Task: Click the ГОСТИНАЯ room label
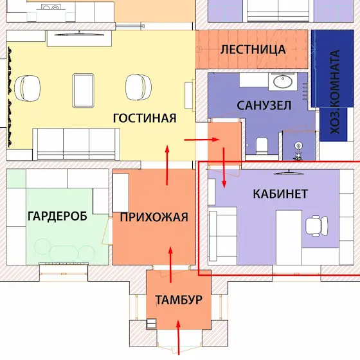(145, 118)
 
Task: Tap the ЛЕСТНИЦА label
(253, 50)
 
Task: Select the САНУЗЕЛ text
(264, 105)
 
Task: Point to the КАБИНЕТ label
(280, 194)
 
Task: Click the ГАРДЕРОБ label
(57, 216)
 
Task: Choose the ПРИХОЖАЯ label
(154, 217)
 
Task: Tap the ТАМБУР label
(179, 300)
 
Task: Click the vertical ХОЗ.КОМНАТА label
(335, 92)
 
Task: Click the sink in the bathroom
(283, 82)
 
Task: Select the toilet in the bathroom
(262, 146)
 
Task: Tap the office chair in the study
(317, 226)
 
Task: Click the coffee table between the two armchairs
(83, 91)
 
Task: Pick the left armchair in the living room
(27, 88)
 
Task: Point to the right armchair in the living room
(138, 87)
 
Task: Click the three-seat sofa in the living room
(76, 144)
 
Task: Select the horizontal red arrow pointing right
(202, 139)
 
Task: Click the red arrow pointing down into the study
(224, 168)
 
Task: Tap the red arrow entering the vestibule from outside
(178, 337)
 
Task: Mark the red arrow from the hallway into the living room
(167, 165)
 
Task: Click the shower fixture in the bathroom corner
(298, 151)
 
